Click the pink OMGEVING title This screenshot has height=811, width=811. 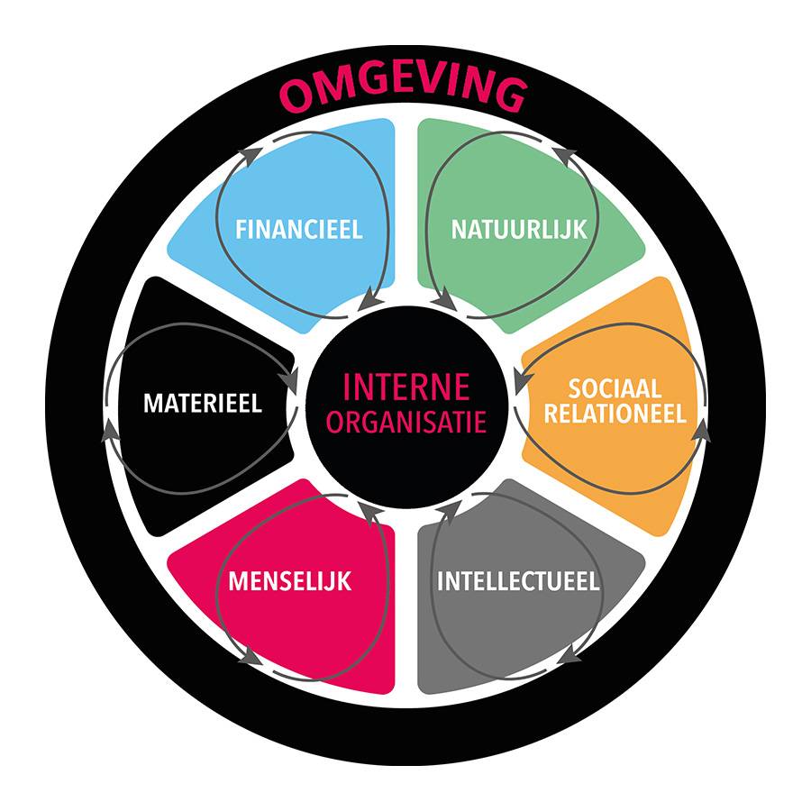coord(404,92)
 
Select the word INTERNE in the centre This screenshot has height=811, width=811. coord(406,387)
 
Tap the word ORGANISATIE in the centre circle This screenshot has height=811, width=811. coord(406,422)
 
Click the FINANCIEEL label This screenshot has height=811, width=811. coord(298,229)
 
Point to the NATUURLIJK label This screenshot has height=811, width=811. coord(519,229)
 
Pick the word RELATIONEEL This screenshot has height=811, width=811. coord(615,414)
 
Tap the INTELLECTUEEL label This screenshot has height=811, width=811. coord(518,581)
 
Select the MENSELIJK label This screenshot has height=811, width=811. coord(289,581)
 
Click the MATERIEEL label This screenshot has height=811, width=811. coord(203,404)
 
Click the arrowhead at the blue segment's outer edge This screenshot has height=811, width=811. coord(250,157)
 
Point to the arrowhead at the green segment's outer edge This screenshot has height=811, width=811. coord(564,157)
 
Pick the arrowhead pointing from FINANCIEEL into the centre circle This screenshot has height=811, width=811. coord(369,300)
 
